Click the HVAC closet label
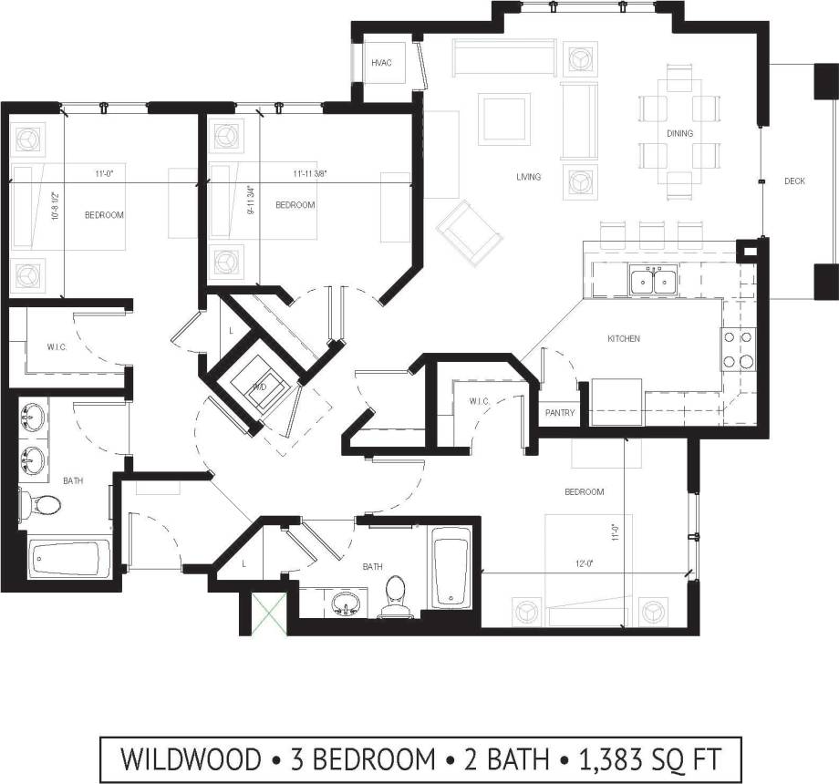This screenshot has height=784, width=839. click(381, 62)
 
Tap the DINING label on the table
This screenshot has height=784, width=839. click(679, 133)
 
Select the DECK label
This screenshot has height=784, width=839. click(794, 181)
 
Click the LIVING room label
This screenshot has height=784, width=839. click(528, 177)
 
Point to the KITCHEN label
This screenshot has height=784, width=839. click(624, 338)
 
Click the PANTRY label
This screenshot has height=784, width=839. click(559, 413)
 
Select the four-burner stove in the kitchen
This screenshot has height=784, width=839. click(738, 348)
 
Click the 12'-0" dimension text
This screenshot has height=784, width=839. click(584, 563)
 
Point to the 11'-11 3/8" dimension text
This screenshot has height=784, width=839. click(310, 173)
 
